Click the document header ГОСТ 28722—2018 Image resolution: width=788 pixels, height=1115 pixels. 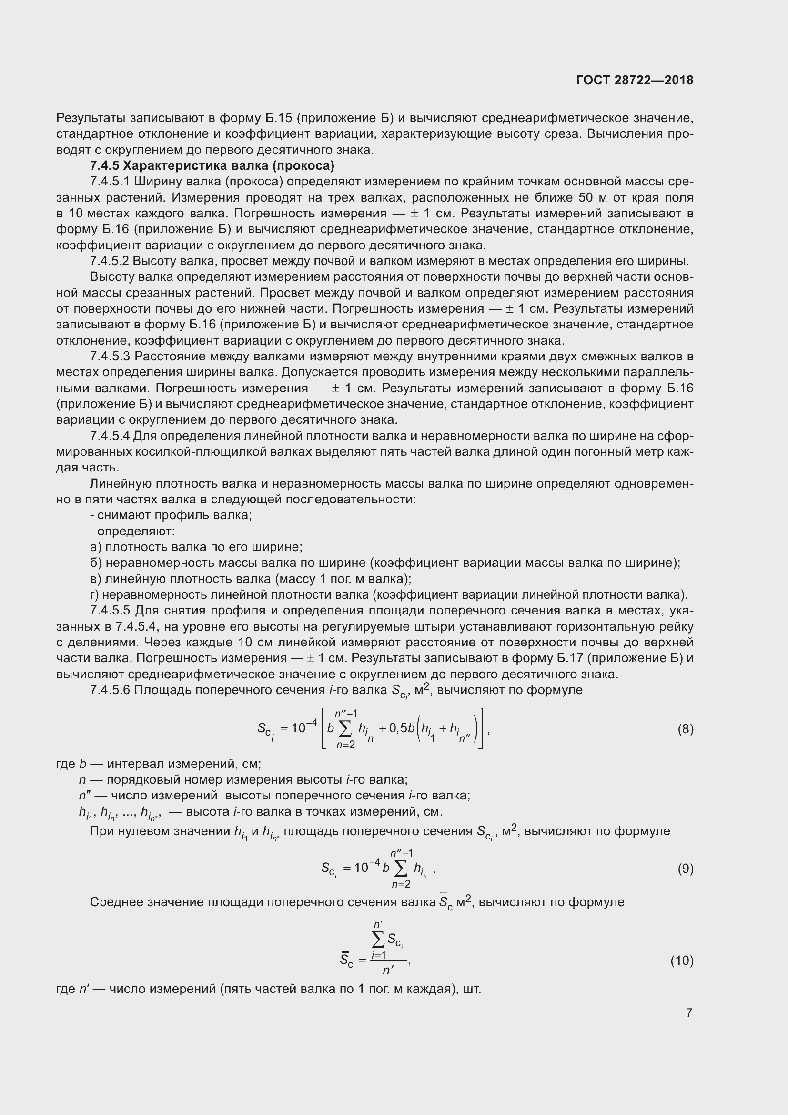tap(635, 80)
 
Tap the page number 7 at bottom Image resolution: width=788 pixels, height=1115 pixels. tap(689, 1013)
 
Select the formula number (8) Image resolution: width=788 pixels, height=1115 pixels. tap(685, 729)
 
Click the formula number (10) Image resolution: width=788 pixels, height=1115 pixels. tap(682, 960)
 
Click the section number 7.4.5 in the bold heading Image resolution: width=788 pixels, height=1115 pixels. tap(104, 165)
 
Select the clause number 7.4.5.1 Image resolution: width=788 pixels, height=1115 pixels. tap(110, 182)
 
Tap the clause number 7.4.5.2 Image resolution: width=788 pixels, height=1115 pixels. tap(110, 261)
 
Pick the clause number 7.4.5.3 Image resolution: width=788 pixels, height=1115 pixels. tap(110, 357)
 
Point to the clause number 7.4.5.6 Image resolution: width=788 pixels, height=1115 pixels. tap(110, 690)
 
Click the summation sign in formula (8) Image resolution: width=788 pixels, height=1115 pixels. tap(346, 729)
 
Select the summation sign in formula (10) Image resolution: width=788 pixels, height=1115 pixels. tap(378, 941)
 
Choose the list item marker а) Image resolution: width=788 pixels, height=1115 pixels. tap(96, 547)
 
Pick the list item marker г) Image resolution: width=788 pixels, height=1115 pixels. tap(95, 595)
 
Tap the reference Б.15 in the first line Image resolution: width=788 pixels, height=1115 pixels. tap(278, 118)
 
